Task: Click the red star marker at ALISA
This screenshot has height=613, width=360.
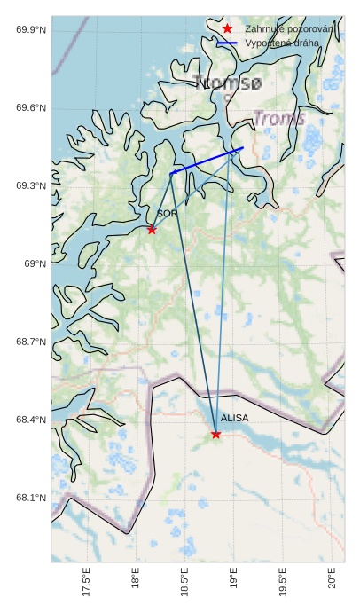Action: (216, 434)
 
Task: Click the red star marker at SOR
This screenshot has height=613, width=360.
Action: (152, 230)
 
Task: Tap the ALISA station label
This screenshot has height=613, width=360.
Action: (234, 418)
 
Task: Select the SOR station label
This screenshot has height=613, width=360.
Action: (168, 214)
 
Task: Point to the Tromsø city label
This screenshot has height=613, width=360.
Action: (227, 83)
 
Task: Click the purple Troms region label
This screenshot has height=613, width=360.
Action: (279, 119)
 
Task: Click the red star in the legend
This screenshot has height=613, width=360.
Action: (228, 28)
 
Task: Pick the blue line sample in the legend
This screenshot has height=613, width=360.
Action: (228, 43)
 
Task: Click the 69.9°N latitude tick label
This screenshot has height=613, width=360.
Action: (31, 30)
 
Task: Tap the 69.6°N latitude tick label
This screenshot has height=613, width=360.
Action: (31, 108)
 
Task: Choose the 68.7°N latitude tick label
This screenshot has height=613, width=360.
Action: (31, 342)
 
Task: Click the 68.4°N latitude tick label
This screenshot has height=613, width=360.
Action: (31, 420)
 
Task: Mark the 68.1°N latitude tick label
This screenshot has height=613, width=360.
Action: (31, 498)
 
